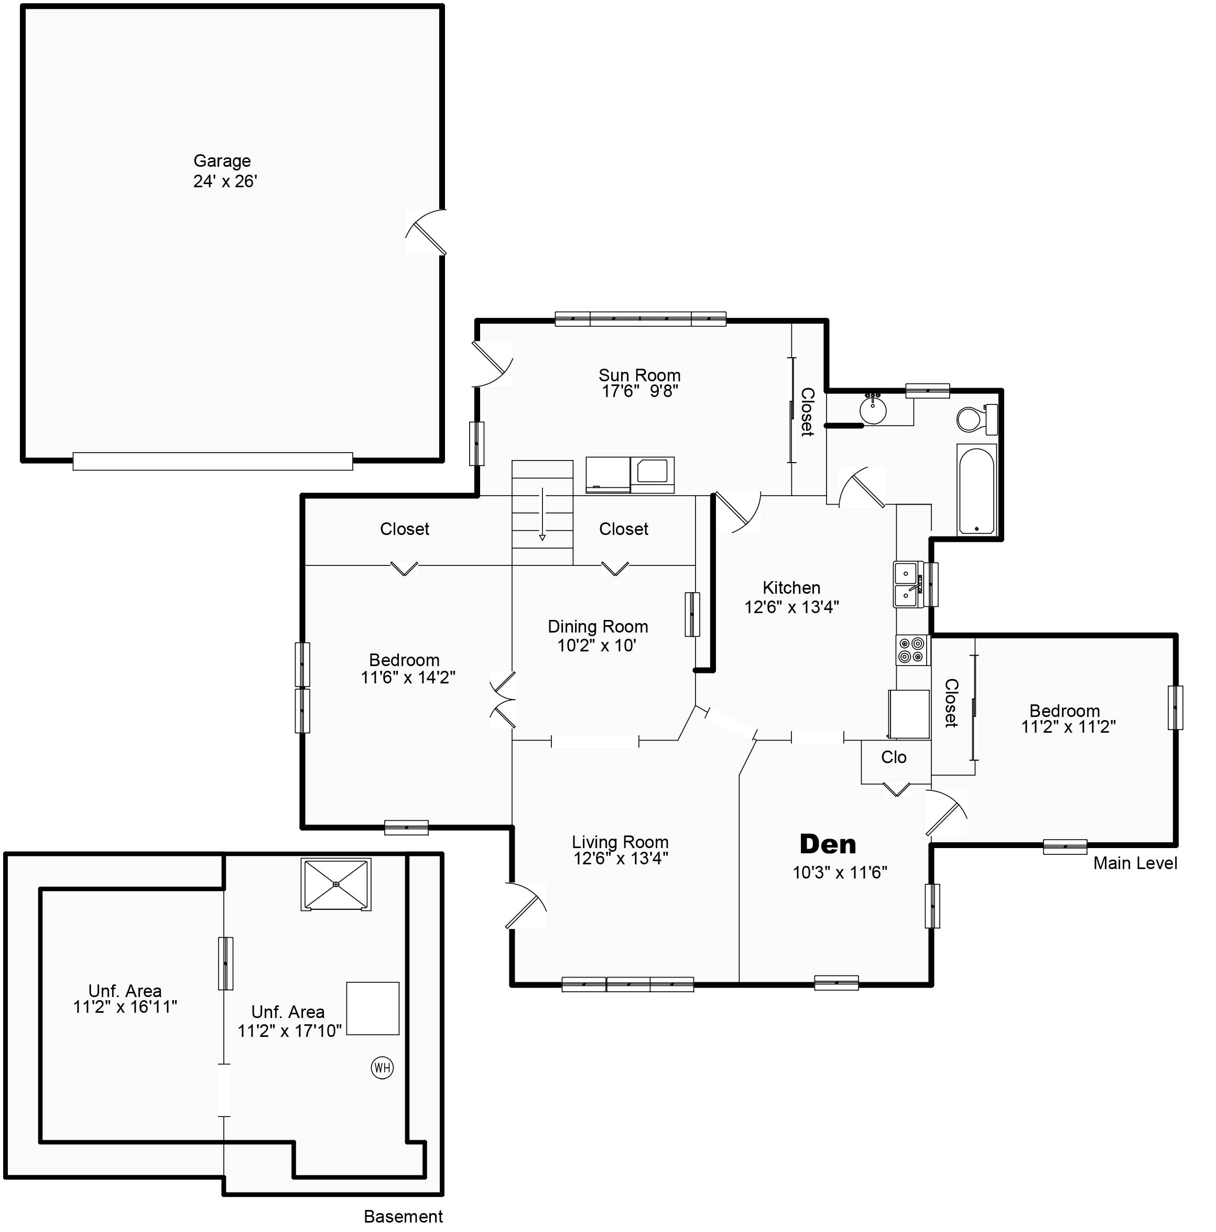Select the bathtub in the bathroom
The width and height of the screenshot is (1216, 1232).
[976, 489]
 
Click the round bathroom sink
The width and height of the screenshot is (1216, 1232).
[873, 410]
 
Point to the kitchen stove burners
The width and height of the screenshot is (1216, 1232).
[912, 650]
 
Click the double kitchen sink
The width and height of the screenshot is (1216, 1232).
[907, 585]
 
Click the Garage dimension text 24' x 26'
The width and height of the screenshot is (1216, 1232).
[225, 182]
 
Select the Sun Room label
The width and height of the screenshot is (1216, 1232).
[639, 375]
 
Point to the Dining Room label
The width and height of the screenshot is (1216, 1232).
[598, 626]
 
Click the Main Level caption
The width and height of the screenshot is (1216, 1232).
[1135, 863]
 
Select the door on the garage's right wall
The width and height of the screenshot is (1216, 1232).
[426, 232]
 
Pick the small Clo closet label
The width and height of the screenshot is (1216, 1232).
[894, 757]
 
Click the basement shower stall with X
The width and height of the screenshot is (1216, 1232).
[336, 884]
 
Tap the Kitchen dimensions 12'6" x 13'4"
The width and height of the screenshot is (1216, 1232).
[791, 607]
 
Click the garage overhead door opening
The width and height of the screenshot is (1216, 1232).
[213, 461]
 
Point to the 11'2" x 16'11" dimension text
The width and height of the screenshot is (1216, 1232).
[125, 1007]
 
